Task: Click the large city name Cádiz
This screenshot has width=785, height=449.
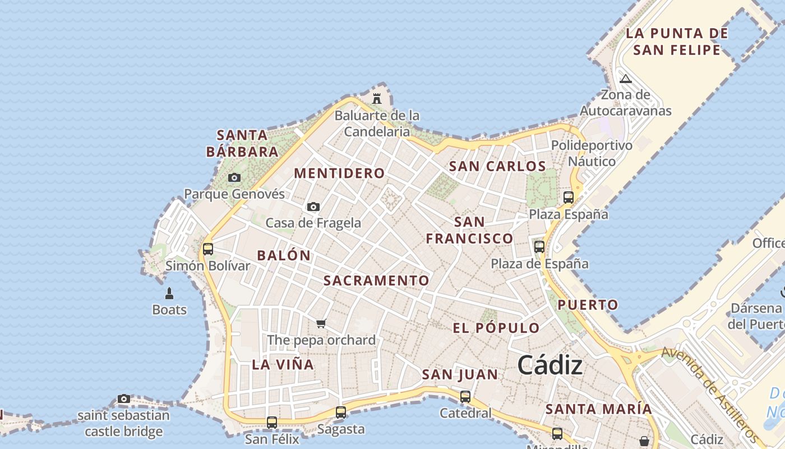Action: tap(550, 366)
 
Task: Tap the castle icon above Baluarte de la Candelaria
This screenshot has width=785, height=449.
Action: tap(377, 98)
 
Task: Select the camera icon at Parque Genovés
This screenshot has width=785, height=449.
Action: tap(234, 178)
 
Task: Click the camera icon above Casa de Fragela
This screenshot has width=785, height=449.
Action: tap(313, 207)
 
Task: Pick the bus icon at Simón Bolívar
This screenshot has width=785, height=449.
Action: tap(208, 249)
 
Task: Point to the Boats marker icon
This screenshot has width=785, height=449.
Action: tap(169, 293)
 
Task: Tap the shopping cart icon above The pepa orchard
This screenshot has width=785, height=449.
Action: tap(321, 323)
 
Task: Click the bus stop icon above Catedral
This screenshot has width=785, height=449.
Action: tap(465, 396)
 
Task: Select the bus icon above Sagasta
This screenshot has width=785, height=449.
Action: tap(341, 412)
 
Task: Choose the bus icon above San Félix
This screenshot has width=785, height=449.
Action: tap(272, 422)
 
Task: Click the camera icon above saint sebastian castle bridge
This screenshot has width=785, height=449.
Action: tap(124, 399)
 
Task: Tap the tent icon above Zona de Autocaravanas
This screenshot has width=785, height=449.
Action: tap(626, 79)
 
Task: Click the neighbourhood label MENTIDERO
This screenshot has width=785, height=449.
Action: tap(339, 173)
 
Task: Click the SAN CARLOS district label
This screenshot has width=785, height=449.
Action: tap(497, 167)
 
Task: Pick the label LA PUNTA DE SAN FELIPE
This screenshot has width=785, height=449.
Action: tap(677, 42)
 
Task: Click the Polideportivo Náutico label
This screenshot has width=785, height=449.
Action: tap(592, 153)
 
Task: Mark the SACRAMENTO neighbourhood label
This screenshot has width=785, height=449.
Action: tap(376, 281)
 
